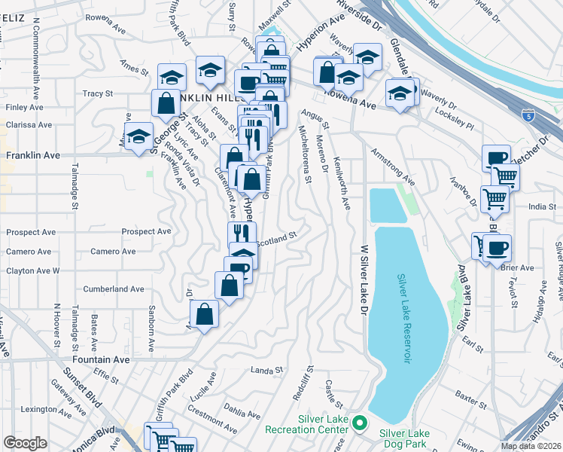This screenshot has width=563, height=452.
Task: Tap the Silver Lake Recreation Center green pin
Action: click(360, 424)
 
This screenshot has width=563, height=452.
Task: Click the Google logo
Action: click(25, 443)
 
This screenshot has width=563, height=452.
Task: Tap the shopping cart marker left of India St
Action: click(495, 199)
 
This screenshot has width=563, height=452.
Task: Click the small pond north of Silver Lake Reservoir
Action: click(387, 205)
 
